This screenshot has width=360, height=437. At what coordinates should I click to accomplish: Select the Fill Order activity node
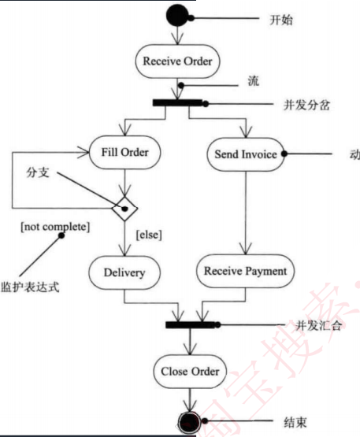pyautogui.click(x=125, y=150)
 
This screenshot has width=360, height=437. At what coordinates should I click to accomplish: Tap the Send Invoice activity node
pyautogui.click(x=245, y=154)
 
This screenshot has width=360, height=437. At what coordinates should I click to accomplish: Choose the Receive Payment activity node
pyautogui.click(x=245, y=272)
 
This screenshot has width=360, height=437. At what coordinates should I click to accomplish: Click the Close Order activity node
pyautogui.click(x=189, y=371)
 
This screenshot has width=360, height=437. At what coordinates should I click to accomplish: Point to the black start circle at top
pyautogui.click(x=177, y=15)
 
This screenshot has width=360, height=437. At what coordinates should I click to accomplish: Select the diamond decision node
pyautogui.click(x=125, y=210)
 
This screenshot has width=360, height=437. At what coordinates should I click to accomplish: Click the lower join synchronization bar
pyautogui.click(x=193, y=324)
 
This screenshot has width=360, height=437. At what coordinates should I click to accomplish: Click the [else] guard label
pyautogui.click(x=150, y=234)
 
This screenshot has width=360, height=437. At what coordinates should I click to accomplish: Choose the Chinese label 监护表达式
pyautogui.click(x=31, y=288)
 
